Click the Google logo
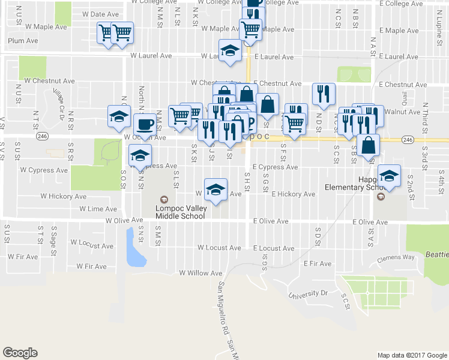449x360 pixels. (20, 353)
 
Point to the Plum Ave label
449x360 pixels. (23, 41)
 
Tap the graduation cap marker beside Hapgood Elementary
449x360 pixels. (390, 176)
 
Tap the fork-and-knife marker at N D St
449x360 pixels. (324, 94)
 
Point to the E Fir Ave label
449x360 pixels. (318, 263)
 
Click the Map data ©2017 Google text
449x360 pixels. (411, 355)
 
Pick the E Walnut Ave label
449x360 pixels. (399, 112)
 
